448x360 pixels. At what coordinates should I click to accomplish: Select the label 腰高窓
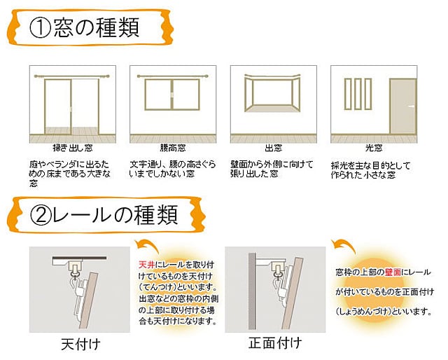(x=172, y=148)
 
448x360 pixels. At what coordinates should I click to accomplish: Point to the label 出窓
(x=273, y=148)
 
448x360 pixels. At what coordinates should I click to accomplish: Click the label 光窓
(x=374, y=148)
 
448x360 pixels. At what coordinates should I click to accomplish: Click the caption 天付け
(x=78, y=343)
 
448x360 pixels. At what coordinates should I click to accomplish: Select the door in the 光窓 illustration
(x=402, y=105)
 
